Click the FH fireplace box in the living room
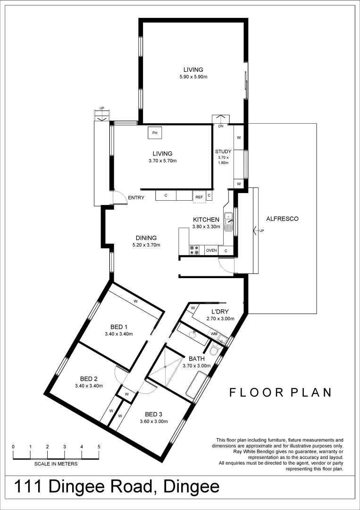[154, 133]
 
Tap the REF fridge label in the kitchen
[199, 195]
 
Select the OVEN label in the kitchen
[211, 251]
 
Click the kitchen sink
[229, 222]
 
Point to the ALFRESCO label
[283, 219]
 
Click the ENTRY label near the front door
[136, 198]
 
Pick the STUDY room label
[223, 152]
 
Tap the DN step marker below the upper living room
[220, 126]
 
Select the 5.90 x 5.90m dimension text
[193, 77]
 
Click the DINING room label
[146, 238]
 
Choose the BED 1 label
[119, 327]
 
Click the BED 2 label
[89, 379]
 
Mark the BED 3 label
[154, 415]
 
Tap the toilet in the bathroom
[215, 350]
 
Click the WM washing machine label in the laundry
[214, 334]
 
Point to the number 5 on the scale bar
[99, 446]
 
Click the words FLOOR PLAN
[280, 392]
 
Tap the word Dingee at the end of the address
[190, 487]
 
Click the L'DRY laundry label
[220, 312]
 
